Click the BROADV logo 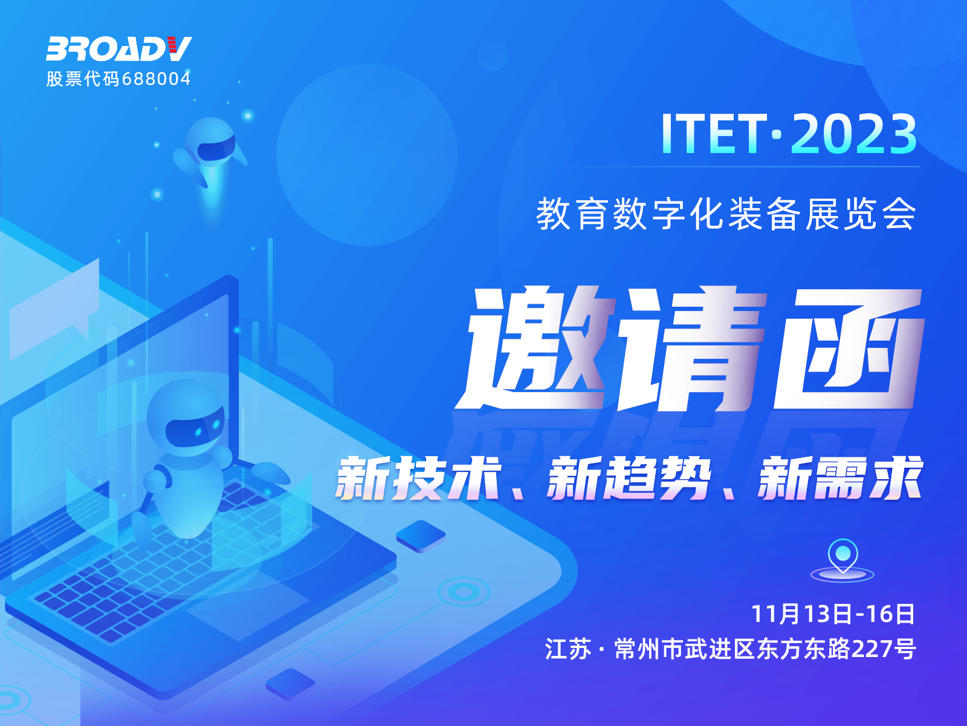tap(119, 48)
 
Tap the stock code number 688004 tap(156, 79)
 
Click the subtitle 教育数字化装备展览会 tap(726, 214)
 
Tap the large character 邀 tap(535, 348)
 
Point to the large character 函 tap(848, 348)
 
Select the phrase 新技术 tap(418, 479)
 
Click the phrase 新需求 tap(839, 479)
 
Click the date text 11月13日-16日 tap(833, 614)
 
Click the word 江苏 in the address tap(568, 649)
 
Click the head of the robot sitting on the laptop tap(187, 419)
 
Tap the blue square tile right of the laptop tap(421, 536)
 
